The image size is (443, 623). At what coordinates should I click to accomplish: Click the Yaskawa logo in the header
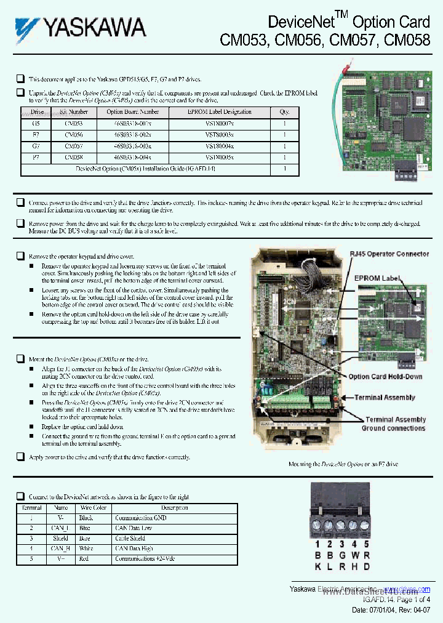[81, 28]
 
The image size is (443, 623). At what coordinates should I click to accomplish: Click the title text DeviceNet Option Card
[349, 22]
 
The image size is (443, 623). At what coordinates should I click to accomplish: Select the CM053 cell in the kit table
[73, 123]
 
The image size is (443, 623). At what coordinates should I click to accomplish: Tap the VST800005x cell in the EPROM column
[220, 158]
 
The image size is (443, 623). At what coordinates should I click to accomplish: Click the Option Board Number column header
[132, 112]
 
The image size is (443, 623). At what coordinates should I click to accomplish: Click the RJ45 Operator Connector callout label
[389, 254]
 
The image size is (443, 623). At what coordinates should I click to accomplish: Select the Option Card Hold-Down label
[385, 377]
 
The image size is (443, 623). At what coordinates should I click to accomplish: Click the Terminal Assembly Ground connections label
[393, 424]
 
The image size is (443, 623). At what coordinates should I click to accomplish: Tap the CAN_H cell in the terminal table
[60, 549]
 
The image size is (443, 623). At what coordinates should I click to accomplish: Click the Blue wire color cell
[85, 528]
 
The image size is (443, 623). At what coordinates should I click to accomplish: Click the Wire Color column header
[92, 508]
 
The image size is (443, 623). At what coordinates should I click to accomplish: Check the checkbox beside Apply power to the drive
[20, 457]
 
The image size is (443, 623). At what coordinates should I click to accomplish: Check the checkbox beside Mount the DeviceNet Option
[20, 358]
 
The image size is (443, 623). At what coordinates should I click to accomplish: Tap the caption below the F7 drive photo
[343, 464]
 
